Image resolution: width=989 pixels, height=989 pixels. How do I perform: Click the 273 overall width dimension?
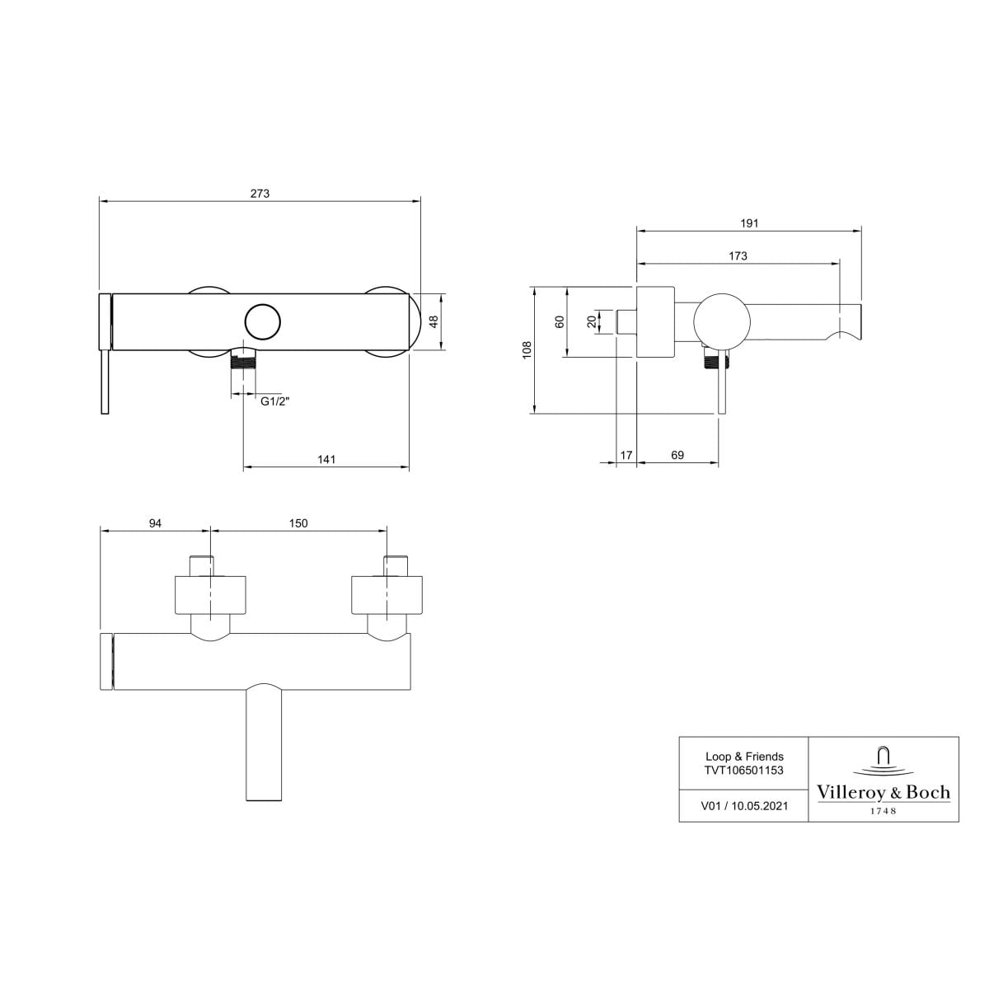260,194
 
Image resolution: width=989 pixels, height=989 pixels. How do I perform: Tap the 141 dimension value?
326,459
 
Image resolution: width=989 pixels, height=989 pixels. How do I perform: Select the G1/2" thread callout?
275,401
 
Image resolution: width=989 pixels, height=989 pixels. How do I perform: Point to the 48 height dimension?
434,321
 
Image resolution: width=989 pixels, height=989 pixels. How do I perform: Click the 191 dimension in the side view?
749,223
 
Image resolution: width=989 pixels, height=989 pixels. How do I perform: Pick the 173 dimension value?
738,255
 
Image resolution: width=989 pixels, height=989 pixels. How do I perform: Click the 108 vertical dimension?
527,350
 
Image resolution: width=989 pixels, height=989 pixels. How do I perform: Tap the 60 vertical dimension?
560,321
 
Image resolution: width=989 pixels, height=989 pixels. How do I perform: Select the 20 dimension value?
592,321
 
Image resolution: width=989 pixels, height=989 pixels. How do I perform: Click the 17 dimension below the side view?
626,455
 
